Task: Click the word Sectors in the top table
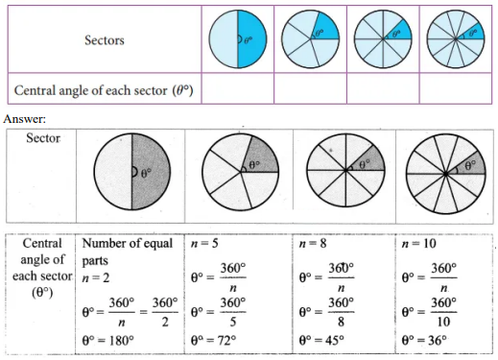coord(105,40)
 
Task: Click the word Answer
coord(25,119)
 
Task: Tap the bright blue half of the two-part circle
coord(252,38)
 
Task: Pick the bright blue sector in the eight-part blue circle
coord(400,31)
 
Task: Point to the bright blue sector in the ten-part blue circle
coord(473,33)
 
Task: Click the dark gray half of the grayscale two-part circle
coord(151,172)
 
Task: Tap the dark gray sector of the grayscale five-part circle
coord(262,156)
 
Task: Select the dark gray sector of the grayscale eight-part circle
coord(368,160)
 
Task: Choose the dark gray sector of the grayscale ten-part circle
coord(469,164)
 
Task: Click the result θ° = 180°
coord(108,340)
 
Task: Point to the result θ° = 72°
coord(214,340)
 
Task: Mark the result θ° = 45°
coord(321,340)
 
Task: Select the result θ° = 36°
coord(424,340)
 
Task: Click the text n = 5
coord(204,244)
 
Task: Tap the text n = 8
coord(313,244)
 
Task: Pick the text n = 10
coord(418,244)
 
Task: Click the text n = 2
coord(96,277)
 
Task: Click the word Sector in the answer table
coord(43,138)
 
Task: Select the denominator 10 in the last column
coord(443,322)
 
